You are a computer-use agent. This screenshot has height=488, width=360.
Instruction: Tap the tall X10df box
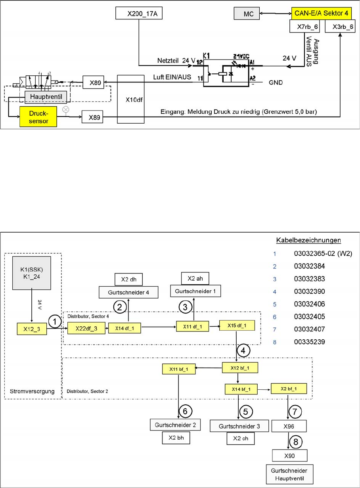click(132, 99)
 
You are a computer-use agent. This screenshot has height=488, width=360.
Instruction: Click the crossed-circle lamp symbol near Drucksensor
click(66, 109)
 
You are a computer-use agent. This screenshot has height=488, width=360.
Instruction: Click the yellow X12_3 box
click(32, 328)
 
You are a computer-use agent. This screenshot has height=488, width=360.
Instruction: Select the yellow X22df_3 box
click(84, 328)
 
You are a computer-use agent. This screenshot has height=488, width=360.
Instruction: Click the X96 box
click(289, 426)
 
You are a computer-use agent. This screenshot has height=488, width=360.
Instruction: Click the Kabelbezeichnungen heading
click(308, 240)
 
